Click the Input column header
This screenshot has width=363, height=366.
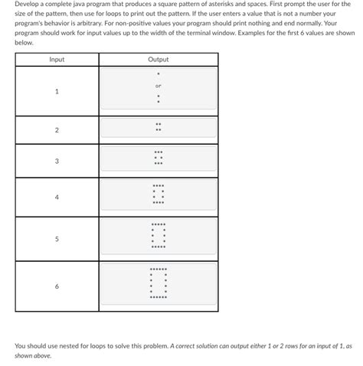57,60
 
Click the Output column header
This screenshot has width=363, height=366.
159,60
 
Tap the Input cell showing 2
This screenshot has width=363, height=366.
57,129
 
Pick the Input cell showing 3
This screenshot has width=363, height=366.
57,161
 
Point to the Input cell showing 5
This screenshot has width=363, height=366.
57,239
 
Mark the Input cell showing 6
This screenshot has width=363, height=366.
57,286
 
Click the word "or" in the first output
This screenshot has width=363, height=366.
159,85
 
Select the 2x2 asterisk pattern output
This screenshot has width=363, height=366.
159,127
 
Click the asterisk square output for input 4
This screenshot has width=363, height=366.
159,195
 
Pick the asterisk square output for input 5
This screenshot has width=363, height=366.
159,237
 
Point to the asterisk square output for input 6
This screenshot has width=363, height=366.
159,284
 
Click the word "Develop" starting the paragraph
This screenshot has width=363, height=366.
29,5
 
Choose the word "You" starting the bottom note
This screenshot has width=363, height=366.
20,346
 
